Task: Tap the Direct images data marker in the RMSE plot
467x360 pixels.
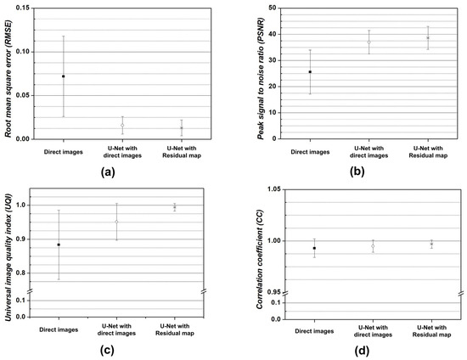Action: click(63, 76)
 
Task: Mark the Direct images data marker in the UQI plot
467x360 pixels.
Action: click(58, 245)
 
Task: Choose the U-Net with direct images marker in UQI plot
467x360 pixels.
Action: click(117, 222)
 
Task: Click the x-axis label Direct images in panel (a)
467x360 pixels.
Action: click(63, 152)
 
